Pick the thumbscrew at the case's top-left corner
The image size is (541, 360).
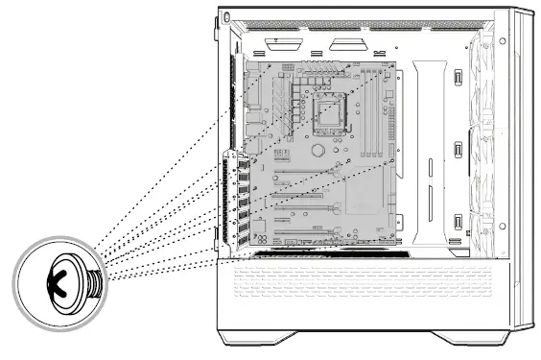tap(224, 17)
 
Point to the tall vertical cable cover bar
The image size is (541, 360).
tap(426, 144)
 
